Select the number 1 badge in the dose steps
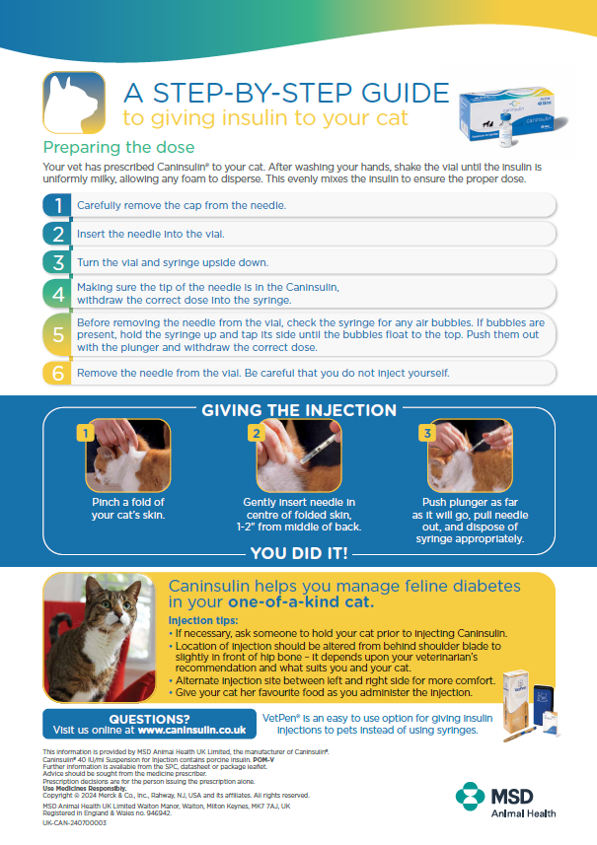click(59, 205)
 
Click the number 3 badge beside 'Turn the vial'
click(59, 262)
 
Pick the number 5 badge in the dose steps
click(59, 335)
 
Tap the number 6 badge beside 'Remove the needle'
click(59, 374)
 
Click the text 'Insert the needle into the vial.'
click(151, 234)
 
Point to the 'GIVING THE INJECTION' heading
click(298, 410)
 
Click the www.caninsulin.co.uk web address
click(191, 731)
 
